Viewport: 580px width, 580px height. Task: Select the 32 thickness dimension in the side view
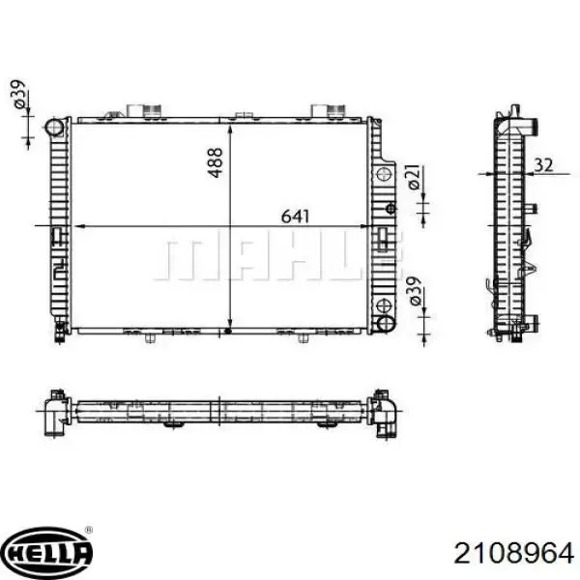(543, 165)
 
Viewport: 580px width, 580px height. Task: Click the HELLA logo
(47, 553)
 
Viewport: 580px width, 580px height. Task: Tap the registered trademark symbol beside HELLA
(89, 531)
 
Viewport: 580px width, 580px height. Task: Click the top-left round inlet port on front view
(56, 129)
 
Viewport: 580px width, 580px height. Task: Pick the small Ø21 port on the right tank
(386, 176)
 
